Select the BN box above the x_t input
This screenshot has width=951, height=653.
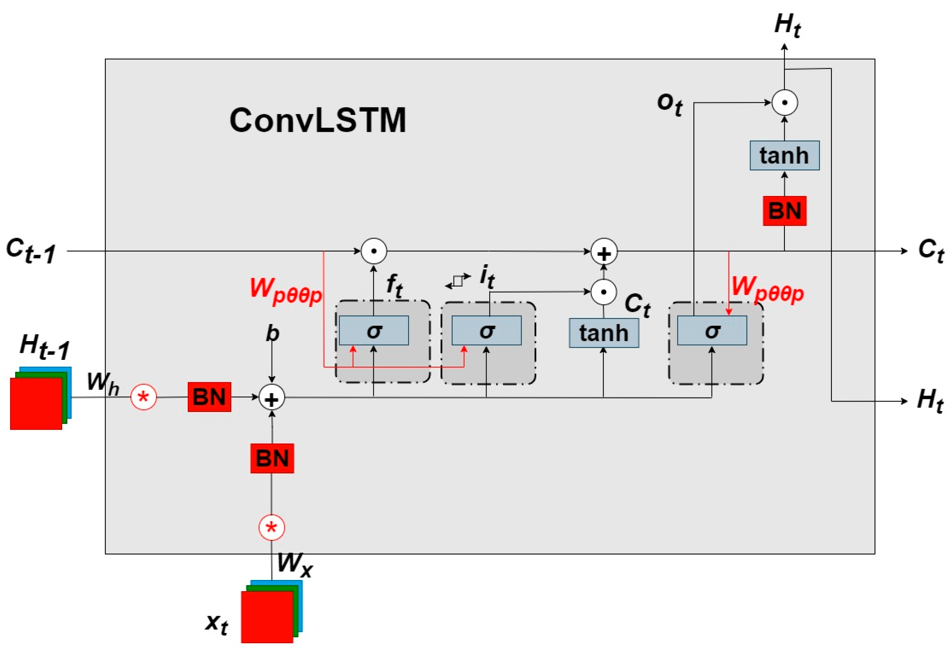coord(272,458)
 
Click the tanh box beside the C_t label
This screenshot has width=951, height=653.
coord(604,333)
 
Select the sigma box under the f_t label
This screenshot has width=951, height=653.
coord(374,330)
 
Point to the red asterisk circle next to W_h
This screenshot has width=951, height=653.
coord(144,397)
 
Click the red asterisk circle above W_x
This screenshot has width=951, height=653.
coord(272,528)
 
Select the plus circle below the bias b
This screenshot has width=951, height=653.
coord(272,398)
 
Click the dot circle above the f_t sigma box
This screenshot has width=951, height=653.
coord(374,251)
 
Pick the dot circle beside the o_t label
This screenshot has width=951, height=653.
coord(785,102)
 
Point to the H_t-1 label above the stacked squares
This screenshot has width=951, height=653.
coord(44,347)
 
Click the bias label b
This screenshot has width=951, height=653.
coord(272,333)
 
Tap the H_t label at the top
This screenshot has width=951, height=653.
coord(787,25)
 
